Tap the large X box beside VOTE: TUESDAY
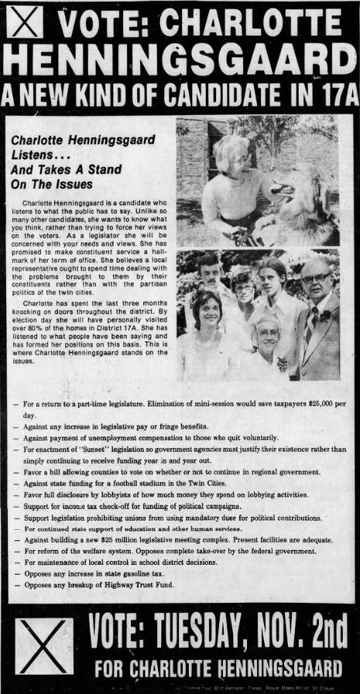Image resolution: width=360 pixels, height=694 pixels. [44, 645]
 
